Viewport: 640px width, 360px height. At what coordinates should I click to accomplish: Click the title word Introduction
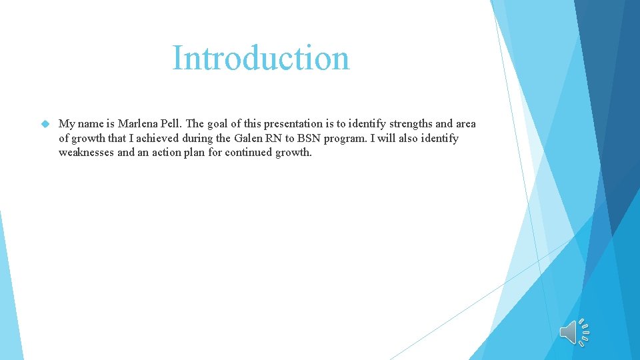click(x=261, y=58)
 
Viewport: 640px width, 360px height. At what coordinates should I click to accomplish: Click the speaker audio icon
click(x=574, y=332)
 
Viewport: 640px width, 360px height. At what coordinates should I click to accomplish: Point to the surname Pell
click(x=172, y=124)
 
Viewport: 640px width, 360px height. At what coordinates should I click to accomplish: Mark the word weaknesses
click(x=87, y=152)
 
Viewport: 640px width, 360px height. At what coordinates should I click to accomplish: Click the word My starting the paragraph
click(x=66, y=124)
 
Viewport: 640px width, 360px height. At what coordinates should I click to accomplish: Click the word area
click(x=465, y=124)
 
